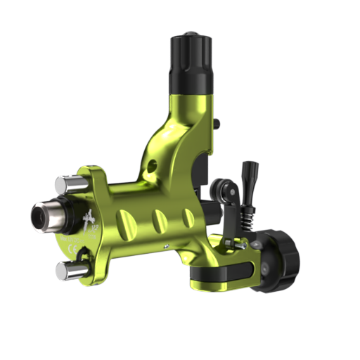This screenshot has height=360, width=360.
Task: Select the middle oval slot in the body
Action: coord(160,221)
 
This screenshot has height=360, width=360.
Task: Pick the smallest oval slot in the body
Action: coord(188,218)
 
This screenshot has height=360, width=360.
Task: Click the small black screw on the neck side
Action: coord(216,124)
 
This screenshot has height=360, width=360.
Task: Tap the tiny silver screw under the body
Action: coord(165,246)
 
